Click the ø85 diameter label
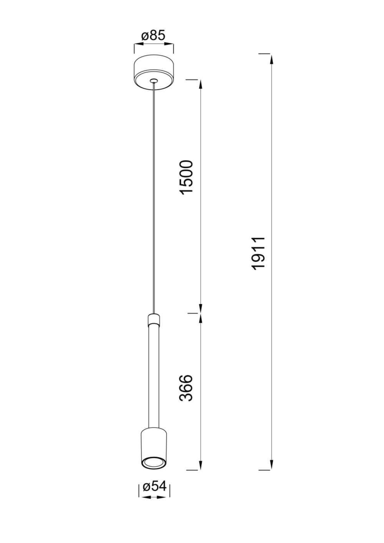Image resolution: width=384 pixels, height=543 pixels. pos(153,36)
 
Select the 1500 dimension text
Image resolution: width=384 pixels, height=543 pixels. pos(187,177)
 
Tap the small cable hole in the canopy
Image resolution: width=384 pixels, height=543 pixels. pos(154,81)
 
